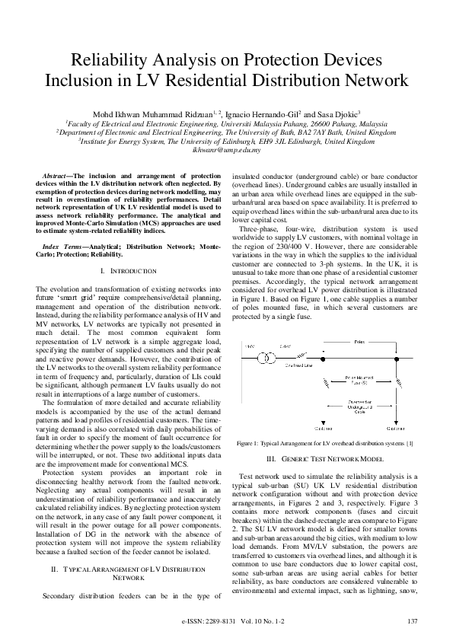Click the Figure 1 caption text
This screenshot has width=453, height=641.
pos(325,442)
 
